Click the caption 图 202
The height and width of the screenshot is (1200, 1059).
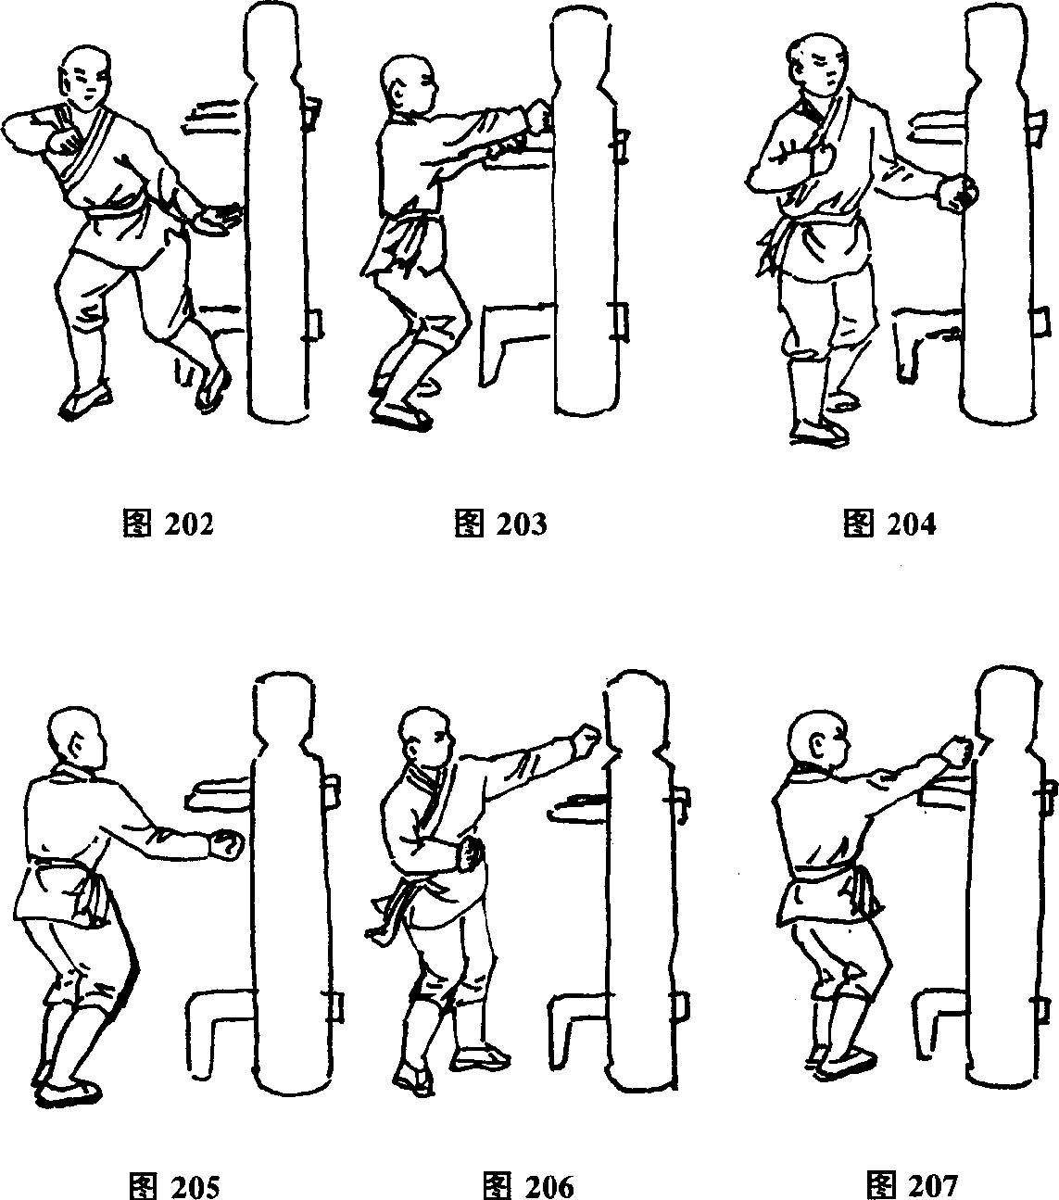click(x=168, y=524)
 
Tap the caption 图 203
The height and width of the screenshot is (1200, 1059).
click(x=501, y=524)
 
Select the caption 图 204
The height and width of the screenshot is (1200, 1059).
click(x=889, y=524)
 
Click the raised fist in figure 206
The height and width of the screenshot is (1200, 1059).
click(x=587, y=739)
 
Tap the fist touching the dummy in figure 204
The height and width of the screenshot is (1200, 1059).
click(x=956, y=194)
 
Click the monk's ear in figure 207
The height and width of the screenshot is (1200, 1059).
click(x=818, y=749)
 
